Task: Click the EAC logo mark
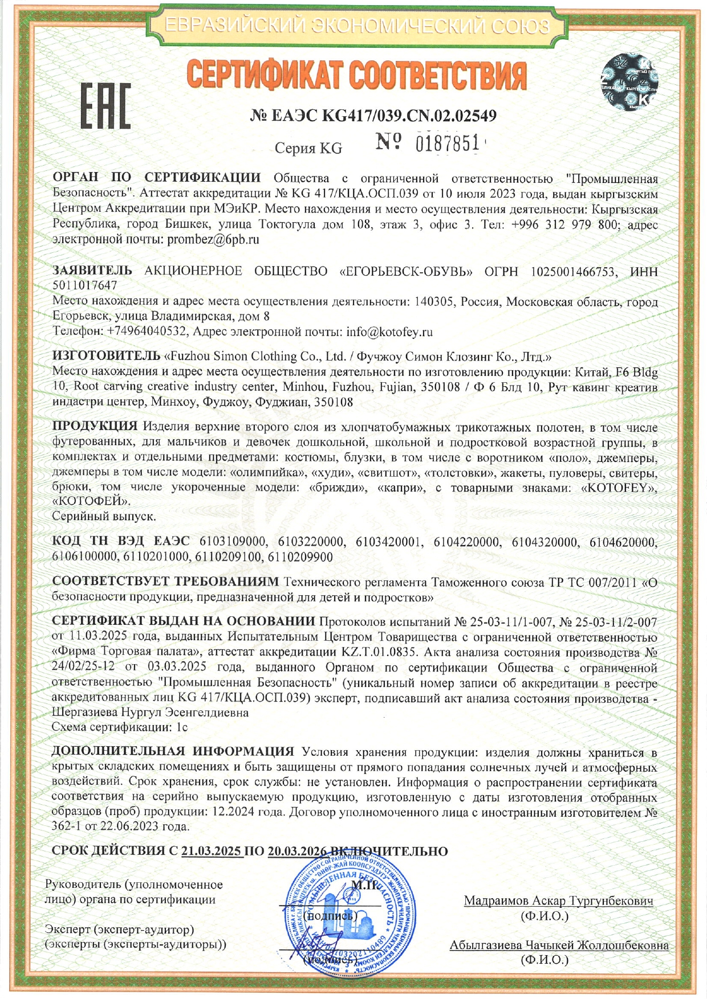coord(105,105)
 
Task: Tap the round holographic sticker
coord(629,83)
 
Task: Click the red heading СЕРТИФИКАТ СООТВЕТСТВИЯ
coord(356,76)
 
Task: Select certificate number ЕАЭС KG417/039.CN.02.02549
coord(373,116)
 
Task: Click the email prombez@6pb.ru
coord(213,239)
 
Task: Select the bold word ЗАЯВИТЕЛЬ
coord(92,271)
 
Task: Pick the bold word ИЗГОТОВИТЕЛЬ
coord(107,356)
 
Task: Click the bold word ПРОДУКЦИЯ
coord(95,426)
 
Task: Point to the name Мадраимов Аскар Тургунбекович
coord(558,900)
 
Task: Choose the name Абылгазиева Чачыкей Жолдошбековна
coord(559,945)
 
